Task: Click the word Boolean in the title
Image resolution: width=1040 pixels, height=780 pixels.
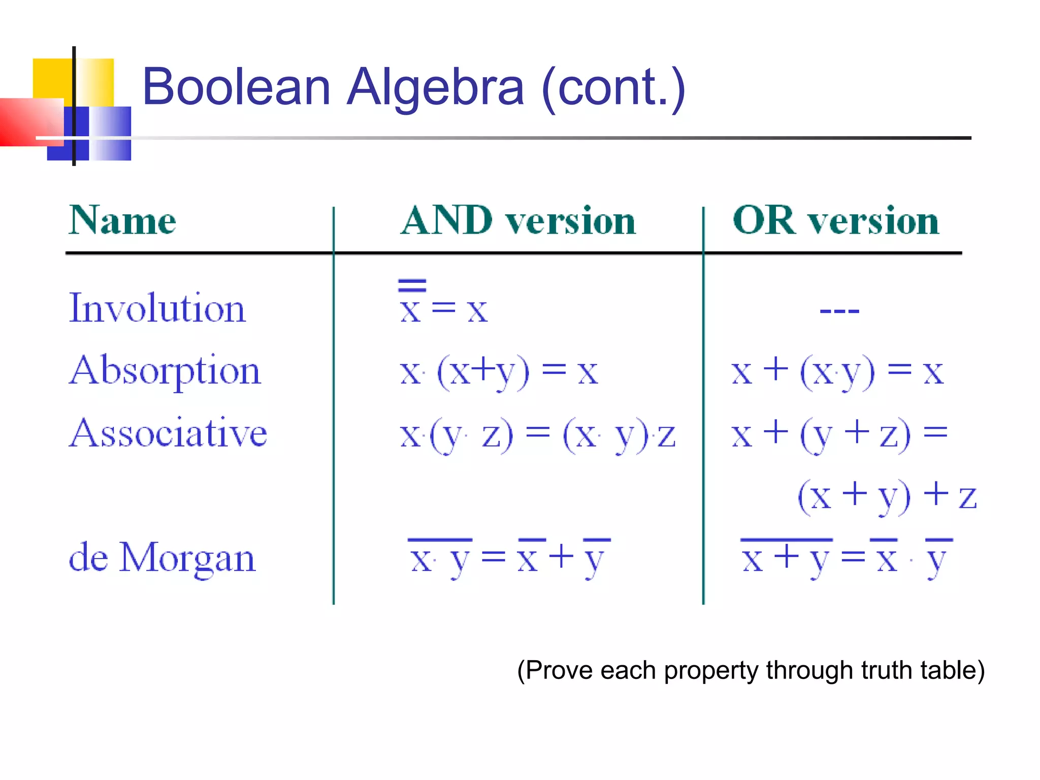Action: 236,87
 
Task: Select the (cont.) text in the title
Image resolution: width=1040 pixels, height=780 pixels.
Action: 613,87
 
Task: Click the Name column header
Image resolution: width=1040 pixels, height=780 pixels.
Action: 122,221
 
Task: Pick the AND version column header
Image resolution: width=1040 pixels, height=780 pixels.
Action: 518,221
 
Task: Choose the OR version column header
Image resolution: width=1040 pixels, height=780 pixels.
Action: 836,221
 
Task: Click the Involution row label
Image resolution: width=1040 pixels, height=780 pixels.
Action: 157,308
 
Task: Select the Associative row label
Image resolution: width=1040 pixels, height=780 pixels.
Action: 168,433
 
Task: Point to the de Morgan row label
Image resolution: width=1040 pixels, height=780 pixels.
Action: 162,558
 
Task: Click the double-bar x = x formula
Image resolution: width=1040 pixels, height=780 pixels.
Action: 443,303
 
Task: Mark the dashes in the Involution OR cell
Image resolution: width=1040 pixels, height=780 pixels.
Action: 839,310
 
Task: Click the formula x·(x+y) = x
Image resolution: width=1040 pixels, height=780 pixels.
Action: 499,372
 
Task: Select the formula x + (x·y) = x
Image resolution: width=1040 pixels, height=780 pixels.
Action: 837,372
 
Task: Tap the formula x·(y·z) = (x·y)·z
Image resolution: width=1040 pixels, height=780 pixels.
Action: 537,435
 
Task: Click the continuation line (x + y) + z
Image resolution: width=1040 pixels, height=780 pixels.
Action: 887,496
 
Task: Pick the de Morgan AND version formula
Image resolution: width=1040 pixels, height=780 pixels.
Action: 510,557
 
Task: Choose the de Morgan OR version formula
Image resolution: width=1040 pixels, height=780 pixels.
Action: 847,557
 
